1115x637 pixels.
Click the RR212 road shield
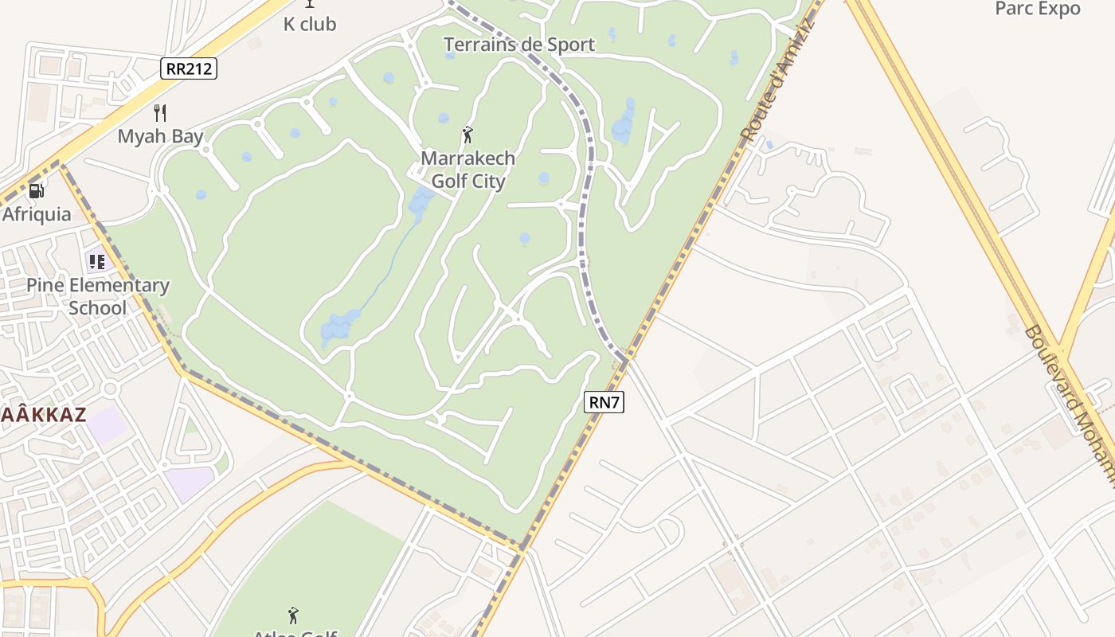pyautogui.click(x=189, y=68)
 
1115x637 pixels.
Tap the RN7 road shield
pyautogui.click(x=604, y=402)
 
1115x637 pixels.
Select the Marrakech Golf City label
pyautogui.click(x=468, y=170)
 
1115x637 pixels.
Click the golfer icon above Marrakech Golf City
pyautogui.click(x=468, y=135)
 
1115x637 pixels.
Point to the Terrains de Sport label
pyautogui.click(x=518, y=45)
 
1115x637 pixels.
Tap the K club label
pyautogui.click(x=310, y=25)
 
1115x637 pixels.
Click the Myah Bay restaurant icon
pyautogui.click(x=160, y=113)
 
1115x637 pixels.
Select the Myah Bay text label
pyautogui.click(x=160, y=136)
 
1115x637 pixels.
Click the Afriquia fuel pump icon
pyautogui.click(x=36, y=191)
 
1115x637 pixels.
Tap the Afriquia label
pyautogui.click(x=37, y=214)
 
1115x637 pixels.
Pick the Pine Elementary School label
pyautogui.click(x=98, y=296)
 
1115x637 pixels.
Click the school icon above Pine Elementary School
pyautogui.click(x=97, y=261)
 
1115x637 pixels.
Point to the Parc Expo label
pyautogui.click(x=1038, y=9)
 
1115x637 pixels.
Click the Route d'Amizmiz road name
pyautogui.click(x=777, y=81)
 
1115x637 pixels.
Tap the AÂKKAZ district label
pyautogui.click(x=43, y=414)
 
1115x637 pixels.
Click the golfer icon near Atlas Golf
pyautogui.click(x=293, y=615)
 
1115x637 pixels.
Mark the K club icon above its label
pyautogui.click(x=310, y=4)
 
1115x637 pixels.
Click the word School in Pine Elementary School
pyautogui.click(x=98, y=308)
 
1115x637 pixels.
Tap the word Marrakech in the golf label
pyautogui.click(x=468, y=158)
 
